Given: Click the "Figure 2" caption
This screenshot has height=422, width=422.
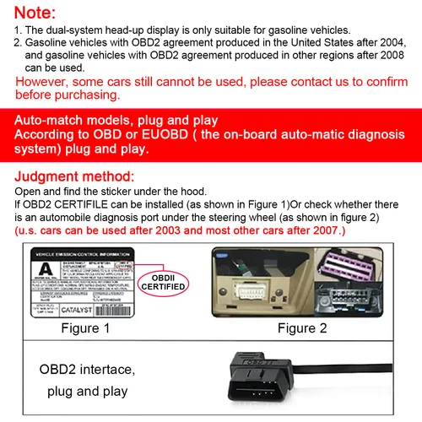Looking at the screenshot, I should point(326,328).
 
